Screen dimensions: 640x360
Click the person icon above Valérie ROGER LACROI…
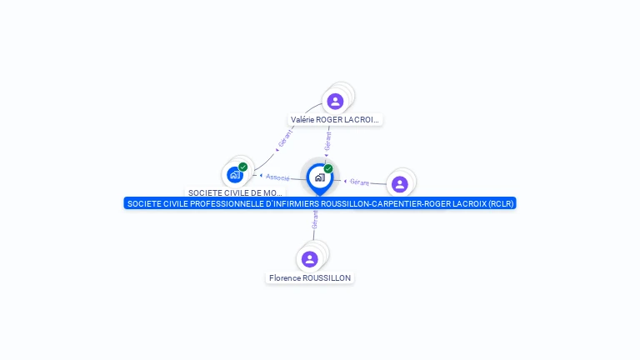[x=335, y=101]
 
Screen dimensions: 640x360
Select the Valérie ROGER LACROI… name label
[x=335, y=120]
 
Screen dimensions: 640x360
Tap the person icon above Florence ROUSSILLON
[x=310, y=259]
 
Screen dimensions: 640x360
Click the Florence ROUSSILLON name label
[x=310, y=277]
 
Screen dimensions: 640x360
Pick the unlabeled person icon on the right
[x=400, y=184]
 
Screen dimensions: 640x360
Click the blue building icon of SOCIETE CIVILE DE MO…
[x=235, y=175]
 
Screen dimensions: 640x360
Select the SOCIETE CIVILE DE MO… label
[x=235, y=192]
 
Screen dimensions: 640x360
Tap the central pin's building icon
[x=319, y=177]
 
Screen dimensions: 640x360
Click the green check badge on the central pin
[x=328, y=168]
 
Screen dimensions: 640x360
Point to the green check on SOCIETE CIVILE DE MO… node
[x=243, y=167]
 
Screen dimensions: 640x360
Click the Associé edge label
[x=278, y=177]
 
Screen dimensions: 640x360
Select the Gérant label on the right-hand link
[x=359, y=182]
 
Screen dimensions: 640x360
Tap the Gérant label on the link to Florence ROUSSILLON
[x=315, y=219]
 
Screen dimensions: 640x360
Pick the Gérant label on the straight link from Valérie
[x=328, y=142]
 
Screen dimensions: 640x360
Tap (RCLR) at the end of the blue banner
[x=502, y=203]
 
